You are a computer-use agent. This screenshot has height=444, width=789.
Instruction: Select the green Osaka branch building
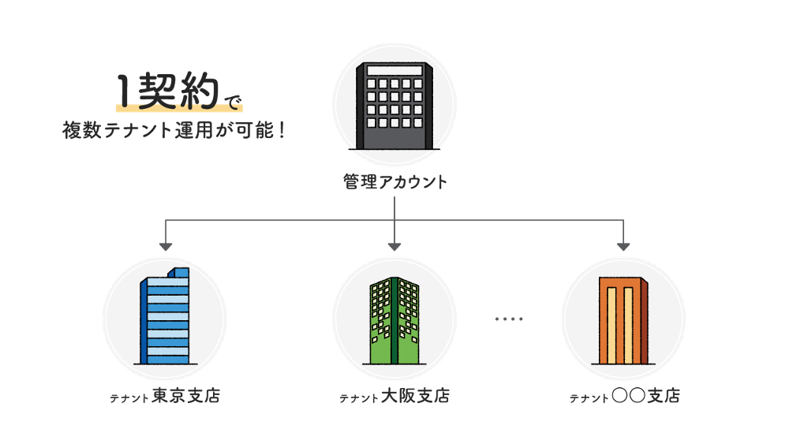[394, 319]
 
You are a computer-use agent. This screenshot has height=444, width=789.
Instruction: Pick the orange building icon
[623, 320]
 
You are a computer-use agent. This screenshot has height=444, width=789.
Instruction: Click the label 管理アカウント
[394, 183]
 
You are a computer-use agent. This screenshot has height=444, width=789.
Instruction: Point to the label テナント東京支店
[165, 396]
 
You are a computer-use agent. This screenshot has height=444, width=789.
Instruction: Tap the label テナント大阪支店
[394, 397]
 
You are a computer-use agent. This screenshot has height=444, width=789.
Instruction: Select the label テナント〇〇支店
[624, 397]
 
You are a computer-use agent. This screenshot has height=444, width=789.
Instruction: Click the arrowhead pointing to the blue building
[165, 246]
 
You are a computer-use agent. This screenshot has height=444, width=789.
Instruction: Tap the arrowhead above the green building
[394, 246]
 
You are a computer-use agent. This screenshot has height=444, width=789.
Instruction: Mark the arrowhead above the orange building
[623, 246]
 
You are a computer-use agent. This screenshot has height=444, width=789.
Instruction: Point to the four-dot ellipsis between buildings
[509, 319]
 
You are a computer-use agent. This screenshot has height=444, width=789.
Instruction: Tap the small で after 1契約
[230, 100]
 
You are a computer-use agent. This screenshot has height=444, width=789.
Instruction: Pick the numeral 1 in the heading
[124, 93]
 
